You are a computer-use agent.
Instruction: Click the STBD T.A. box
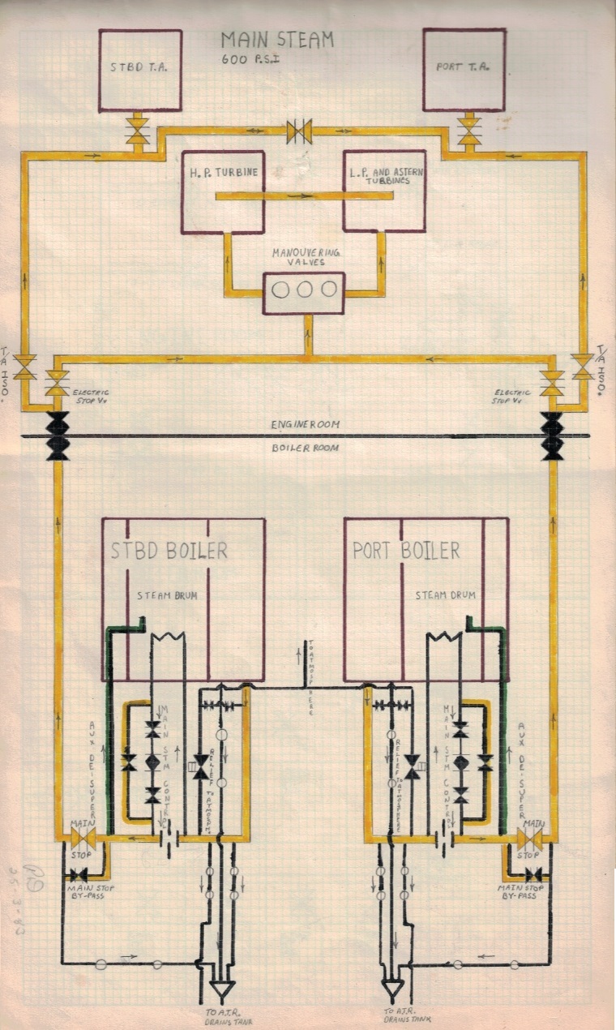click(x=140, y=70)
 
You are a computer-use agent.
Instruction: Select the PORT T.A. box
click(x=464, y=70)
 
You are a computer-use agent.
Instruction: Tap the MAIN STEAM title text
click(x=277, y=40)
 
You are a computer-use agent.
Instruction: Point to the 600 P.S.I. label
click(x=250, y=58)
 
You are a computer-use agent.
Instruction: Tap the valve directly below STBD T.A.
click(x=139, y=132)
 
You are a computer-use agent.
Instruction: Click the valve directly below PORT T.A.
click(x=468, y=132)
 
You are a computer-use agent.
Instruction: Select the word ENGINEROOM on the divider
click(x=306, y=424)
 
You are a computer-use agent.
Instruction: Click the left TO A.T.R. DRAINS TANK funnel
click(x=221, y=989)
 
